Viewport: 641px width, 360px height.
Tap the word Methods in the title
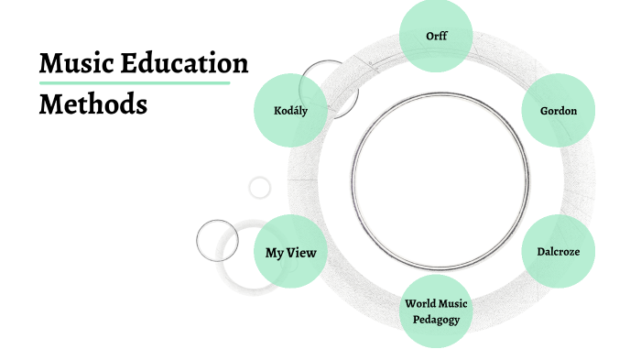click(x=93, y=104)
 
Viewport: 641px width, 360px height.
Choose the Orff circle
click(x=436, y=37)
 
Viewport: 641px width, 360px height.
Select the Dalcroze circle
click(x=552, y=252)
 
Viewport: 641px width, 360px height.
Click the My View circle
click(x=290, y=252)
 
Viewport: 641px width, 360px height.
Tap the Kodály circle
click(x=290, y=111)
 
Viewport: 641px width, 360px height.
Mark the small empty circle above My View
click(x=260, y=188)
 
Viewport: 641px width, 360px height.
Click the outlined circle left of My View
click(x=217, y=241)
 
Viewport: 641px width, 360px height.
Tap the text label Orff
click(x=436, y=37)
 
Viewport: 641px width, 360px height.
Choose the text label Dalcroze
click(x=552, y=252)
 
